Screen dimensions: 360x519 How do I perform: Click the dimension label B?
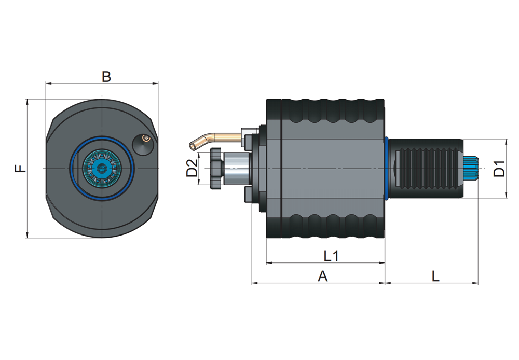[x=106, y=77]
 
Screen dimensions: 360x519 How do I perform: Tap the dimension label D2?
[x=192, y=169]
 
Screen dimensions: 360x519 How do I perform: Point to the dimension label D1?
[x=499, y=169]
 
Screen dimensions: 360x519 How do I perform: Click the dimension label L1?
[x=331, y=256]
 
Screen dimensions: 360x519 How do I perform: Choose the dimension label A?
[x=322, y=277]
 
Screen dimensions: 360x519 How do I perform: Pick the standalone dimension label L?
[x=435, y=276]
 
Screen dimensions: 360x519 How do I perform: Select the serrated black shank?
[x=426, y=169]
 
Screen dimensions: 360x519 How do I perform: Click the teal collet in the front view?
[x=102, y=169]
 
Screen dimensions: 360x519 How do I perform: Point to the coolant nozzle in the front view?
[x=142, y=142]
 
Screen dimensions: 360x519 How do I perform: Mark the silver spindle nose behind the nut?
[x=235, y=169]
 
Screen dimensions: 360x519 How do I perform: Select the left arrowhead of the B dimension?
[x=48, y=83]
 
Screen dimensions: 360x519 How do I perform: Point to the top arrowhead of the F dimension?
[x=26, y=102]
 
